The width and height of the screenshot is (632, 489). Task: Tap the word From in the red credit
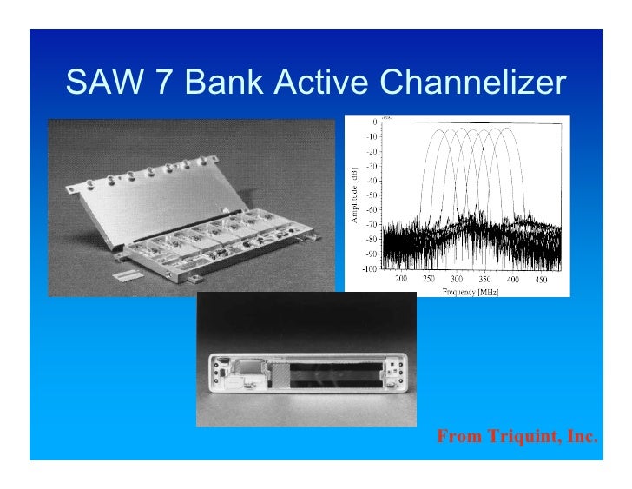pos(455,435)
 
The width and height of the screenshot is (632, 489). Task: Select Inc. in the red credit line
pos(581,435)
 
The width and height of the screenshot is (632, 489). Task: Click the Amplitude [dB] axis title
pos(353,195)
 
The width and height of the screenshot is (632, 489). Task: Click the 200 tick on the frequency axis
pos(401,280)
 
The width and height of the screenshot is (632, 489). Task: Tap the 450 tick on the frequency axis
pos(541,280)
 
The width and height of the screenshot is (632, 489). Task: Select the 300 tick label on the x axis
pos(458,280)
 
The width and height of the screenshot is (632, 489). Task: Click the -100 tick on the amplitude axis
pos(370,269)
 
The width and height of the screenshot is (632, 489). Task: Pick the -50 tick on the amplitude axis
pos(372,195)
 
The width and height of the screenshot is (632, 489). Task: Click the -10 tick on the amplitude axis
pos(372,136)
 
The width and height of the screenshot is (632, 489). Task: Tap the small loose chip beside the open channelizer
pos(128,274)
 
